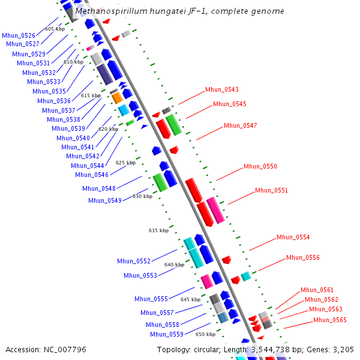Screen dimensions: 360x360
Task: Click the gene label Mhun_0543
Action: tap(222, 90)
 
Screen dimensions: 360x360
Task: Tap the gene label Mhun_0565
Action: tap(329, 320)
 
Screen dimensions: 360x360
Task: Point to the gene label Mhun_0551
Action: tap(271, 191)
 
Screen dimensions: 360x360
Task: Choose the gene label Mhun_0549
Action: tap(104, 200)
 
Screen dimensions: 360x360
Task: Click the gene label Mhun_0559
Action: tap(167, 335)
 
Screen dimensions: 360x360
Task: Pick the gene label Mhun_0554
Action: tap(293, 238)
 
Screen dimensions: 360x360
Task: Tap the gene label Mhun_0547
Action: tap(240, 126)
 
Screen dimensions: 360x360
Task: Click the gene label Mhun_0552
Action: tap(134, 262)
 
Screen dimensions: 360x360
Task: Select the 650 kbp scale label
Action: tap(205, 334)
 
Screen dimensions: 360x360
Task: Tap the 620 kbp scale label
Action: tap(108, 129)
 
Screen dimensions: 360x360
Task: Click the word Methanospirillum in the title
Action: tap(110, 11)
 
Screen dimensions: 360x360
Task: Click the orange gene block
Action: tap(117, 97)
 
